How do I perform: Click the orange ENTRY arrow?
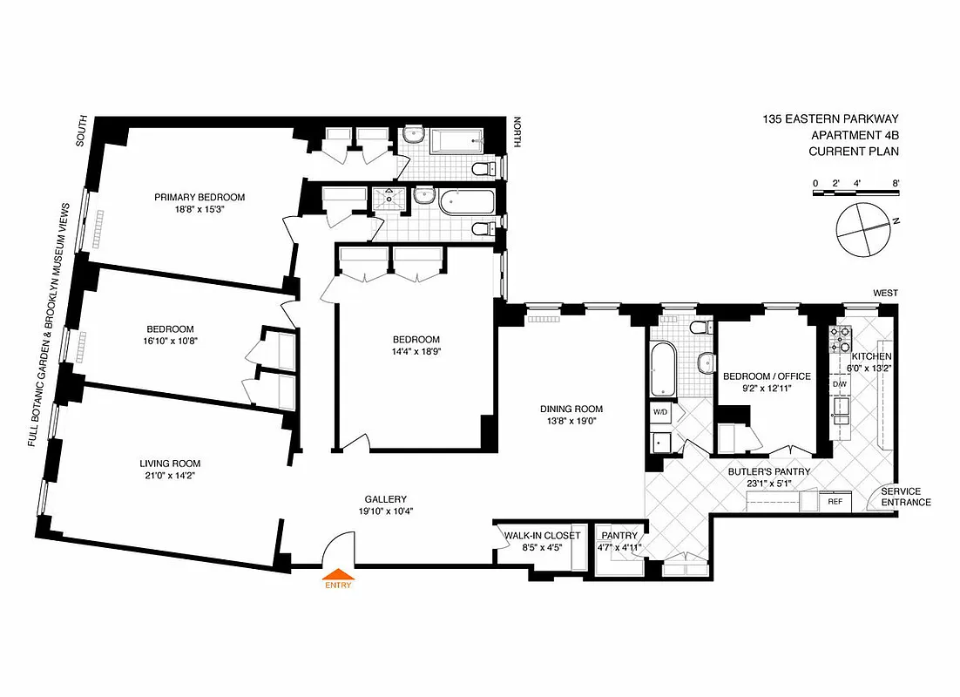[x=339, y=575]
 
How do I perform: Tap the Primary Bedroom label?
[x=199, y=197]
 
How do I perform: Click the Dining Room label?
[x=571, y=409]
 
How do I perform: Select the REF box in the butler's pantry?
[x=835, y=502]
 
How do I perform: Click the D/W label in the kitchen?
[x=840, y=384]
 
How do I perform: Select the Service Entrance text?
[x=906, y=497]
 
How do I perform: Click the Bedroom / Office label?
[x=767, y=376]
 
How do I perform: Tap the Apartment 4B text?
[x=855, y=135]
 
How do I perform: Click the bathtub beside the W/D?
[x=659, y=371]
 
